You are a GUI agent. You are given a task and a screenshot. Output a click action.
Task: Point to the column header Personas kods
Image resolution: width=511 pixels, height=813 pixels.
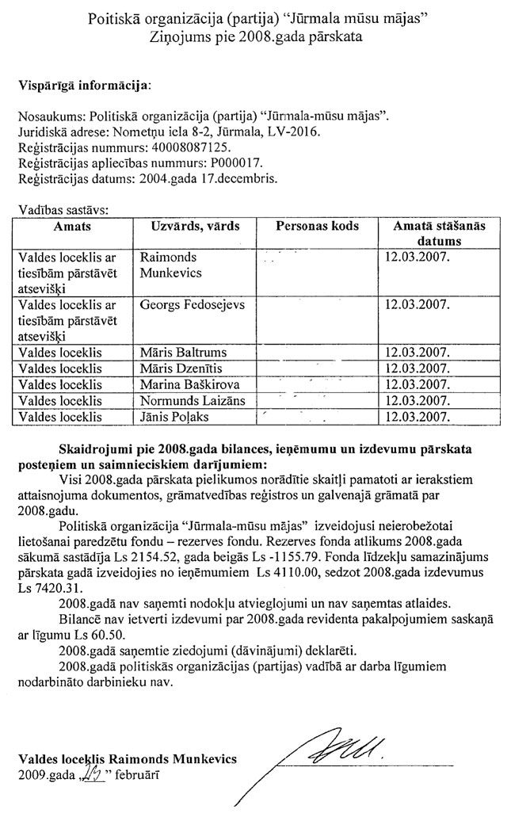[x=317, y=226]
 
